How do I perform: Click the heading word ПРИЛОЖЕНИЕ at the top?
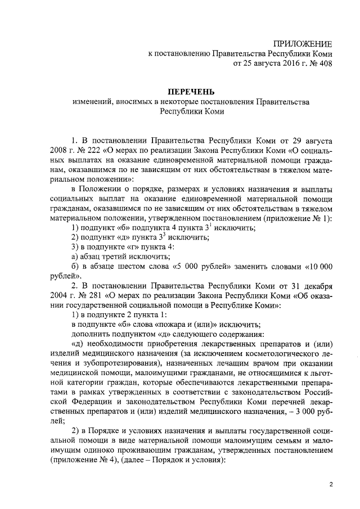[x=303, y=44]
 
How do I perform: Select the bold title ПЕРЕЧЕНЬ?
[x=192, y=91]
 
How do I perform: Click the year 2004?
[x=59, y=296]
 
